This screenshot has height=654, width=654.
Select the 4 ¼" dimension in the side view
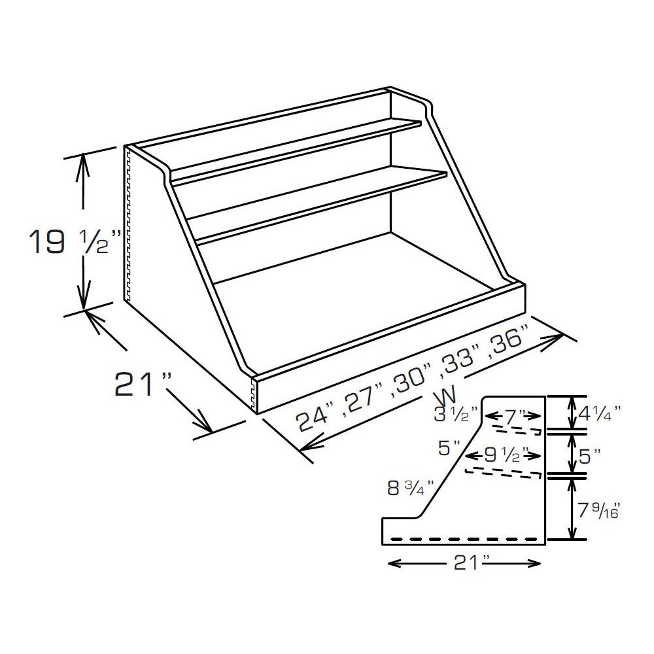click(599, 413)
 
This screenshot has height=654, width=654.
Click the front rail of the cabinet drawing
click(392, 347)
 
